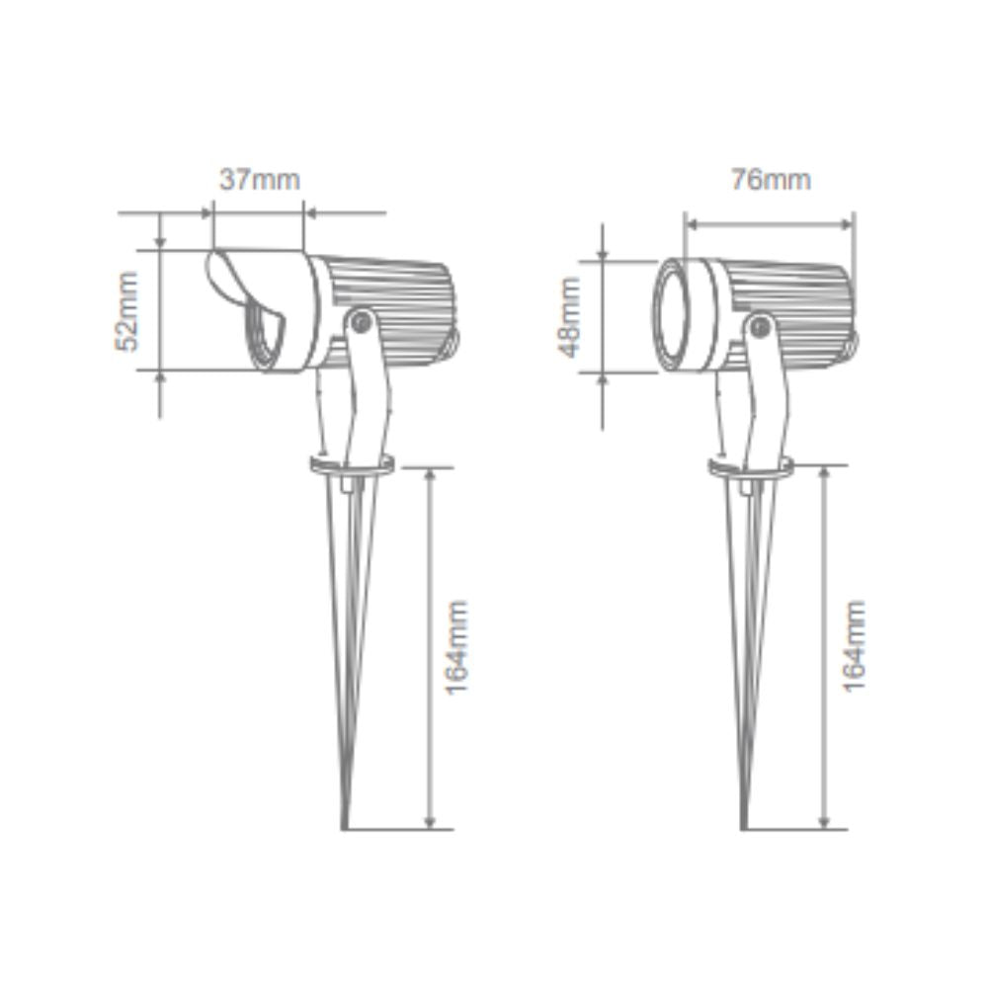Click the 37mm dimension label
259,181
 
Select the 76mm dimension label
770,180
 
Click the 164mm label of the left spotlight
456,646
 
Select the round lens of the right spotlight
679,315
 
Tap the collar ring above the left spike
353,463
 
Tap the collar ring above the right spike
750,465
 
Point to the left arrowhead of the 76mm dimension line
689,224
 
